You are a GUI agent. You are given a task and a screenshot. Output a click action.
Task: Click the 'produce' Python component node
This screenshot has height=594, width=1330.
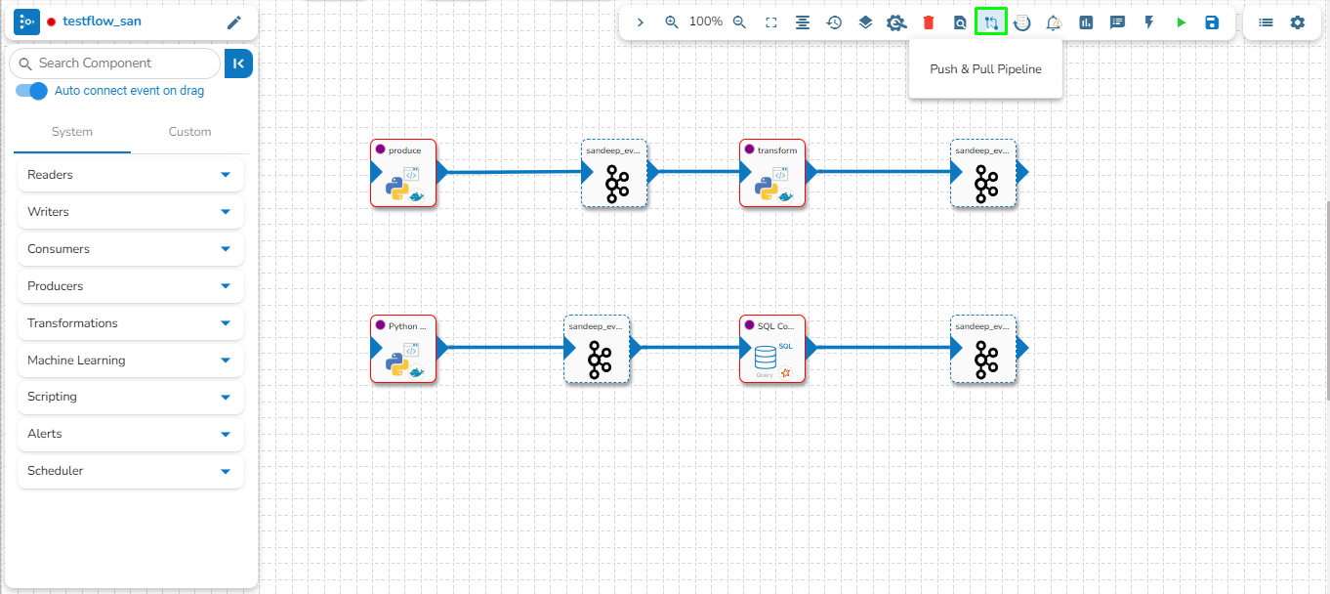pyautogui.click(x=403, y=173)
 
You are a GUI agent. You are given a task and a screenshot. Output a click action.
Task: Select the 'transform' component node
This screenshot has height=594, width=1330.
pyautogui.click(x=772, y=173)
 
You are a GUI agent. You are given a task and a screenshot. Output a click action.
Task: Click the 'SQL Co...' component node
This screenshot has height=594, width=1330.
pyautogui.click(x=772, y=349)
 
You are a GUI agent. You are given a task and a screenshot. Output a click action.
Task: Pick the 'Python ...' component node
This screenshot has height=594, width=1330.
pyautogui.click(x=403, y=349)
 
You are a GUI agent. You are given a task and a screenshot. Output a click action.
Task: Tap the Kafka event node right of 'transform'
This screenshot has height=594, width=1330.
pyautogui.click(x=983, y=173)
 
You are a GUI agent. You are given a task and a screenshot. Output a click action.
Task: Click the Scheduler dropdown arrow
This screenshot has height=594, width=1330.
pyautogui.click(x=226, y=471)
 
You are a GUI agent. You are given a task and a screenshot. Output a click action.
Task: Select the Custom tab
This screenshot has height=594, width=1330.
pyautogui.click(x=189, y=132)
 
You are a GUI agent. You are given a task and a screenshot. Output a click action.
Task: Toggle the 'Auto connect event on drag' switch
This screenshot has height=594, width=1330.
pyautogui.click(x=32, y=91)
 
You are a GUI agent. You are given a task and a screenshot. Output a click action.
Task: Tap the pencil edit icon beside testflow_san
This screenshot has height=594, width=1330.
pyautogui.click(x=233, y=22)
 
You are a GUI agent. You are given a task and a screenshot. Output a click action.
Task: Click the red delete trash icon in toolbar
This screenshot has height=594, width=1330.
pyautogui.click(x=929, y=22)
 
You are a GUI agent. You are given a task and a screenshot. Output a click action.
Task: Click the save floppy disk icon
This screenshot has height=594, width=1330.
pyautogui.click(x=1212, y=22)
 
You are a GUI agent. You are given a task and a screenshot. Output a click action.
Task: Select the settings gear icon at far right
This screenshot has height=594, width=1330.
pyautogui.click(x=1297, y=22)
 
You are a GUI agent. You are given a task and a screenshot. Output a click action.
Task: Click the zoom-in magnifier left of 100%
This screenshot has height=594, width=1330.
pyautogui.click(x=672, y=22)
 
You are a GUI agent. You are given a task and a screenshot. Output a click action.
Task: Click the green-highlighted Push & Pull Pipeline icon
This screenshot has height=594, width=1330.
pyautogui.click(x=991, y=22)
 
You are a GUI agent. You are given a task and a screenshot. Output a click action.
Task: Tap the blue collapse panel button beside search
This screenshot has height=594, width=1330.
pyautogui.click(x=238, y=64)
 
